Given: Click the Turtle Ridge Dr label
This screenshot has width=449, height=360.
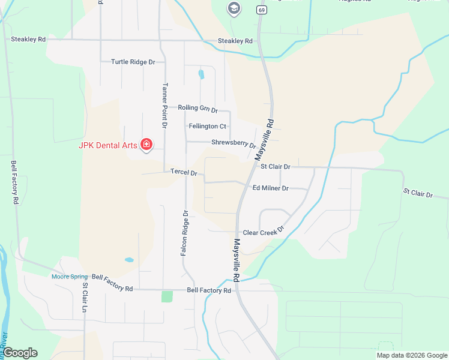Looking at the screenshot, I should point(133,62).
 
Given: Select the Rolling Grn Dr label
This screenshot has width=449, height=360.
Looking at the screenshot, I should point(197,108).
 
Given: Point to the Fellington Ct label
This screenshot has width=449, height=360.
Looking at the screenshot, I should point(207,127).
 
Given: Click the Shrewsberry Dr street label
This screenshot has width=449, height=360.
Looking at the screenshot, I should point(234,143).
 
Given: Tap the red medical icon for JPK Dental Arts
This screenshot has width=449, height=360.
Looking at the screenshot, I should point(146,144).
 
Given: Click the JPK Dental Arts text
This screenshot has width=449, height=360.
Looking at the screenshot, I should point(107,145).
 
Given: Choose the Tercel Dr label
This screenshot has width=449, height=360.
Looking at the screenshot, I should point(184,172).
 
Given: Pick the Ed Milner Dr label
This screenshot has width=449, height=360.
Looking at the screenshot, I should point(270,188).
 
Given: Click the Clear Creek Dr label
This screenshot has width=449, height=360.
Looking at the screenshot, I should point(263,232).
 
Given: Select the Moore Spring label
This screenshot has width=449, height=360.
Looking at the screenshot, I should point(70,277).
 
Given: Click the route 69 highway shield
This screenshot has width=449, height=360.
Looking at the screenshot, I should point(261,10).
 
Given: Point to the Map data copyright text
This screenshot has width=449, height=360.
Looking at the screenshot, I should point(411,355).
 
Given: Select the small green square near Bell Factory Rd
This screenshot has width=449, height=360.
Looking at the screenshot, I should point(167,296).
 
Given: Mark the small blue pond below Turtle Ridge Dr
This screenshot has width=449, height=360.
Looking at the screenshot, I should point(201,75).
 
